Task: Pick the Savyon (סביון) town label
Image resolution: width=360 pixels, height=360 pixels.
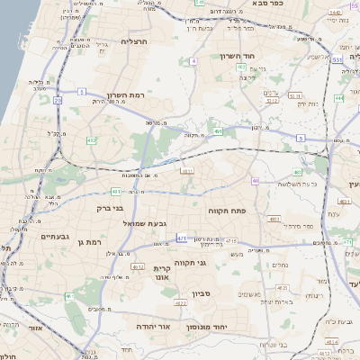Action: click(x=202, y=293)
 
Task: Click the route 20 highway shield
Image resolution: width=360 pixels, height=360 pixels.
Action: click(x=57, y=101)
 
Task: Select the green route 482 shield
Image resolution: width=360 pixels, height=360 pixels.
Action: click(x=92, y=141)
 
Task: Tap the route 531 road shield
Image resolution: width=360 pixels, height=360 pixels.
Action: click(x=337, y=60)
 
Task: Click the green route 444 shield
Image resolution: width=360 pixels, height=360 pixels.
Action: click(x=338, y=98)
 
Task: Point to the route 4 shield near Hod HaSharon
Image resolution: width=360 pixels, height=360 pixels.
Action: click(x=193, y=61)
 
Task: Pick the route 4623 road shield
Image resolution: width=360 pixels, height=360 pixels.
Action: click(x=181, y=303)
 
